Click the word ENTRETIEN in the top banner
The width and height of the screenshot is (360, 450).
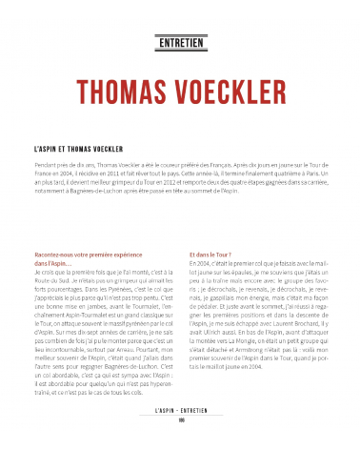[180, 41]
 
